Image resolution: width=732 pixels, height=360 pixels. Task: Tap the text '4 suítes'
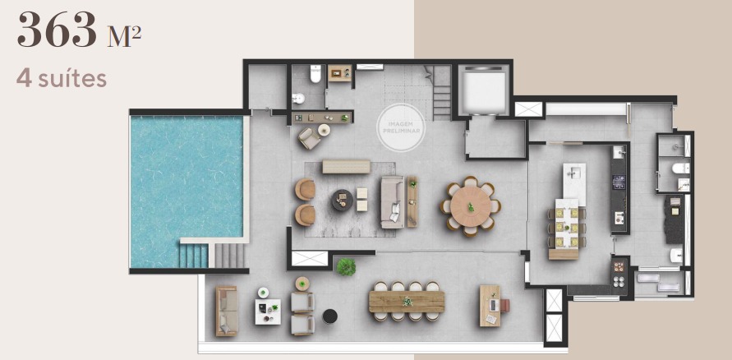pyautogui.click(x=61, y=80)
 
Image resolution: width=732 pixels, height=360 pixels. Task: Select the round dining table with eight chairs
pyautogui.click(x=470, y=205)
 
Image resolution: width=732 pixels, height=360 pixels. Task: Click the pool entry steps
pyautogui.click(x=195, y=256)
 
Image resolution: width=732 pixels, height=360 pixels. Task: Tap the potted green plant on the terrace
pyautogui.click(x=346, y=266)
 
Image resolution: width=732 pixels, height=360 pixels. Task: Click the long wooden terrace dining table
pyautogui.click(x=407, y=302)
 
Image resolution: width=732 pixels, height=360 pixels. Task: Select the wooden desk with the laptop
pyautogui.click(x=490, y=305)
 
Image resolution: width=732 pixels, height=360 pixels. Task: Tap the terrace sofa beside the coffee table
pyautogui.click(x=226, y=311)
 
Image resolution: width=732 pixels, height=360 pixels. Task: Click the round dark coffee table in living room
pyautogui.click(x=342, y=200)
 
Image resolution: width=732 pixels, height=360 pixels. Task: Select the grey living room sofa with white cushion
pyautogui.click(x=392, y=201)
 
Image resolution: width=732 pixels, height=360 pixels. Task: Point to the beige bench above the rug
pyautogui.click(x=346, y=167)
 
